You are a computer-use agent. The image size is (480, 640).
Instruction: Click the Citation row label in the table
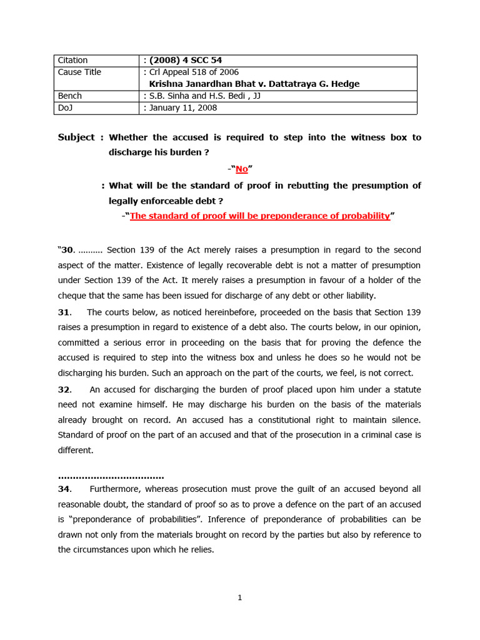tap(72, 60)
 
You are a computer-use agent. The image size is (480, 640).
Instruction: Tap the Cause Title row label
tap(79, 72)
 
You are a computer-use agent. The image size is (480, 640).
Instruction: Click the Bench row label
tap(70, 96)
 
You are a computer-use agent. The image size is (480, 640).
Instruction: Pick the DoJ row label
tap(67, 107)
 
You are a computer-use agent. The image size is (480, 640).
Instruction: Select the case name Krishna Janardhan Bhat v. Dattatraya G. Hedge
tap(254, 84)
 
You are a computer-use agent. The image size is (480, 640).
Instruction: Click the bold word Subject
tap(76, 137)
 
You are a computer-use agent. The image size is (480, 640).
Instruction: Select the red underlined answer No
tap(242, 169)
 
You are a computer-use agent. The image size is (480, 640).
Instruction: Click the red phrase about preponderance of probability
tap(260, 216)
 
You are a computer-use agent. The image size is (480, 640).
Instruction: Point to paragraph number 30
tap(67, 250)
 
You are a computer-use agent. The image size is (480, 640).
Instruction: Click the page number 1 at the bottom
tap(240, 597)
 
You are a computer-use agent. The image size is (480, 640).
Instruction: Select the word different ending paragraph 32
tap(76, 450)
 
